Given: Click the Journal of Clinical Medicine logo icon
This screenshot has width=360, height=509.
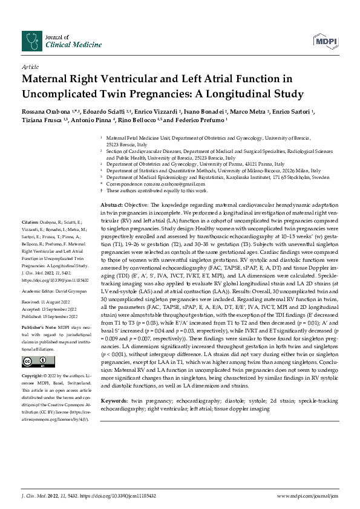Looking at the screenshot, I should point(30,41).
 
